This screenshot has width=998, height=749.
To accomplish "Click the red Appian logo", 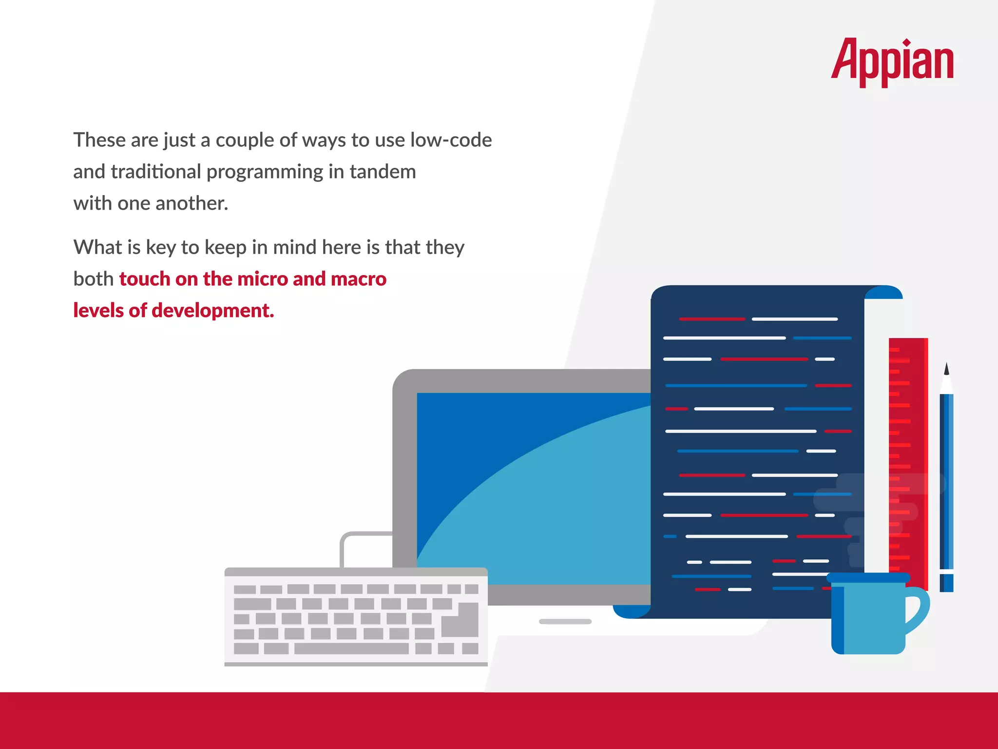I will (892, 61).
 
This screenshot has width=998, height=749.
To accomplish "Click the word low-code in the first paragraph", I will (451, 140).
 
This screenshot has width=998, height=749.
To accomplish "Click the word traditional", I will (156, 172).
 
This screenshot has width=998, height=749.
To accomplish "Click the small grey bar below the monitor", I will (565, 622).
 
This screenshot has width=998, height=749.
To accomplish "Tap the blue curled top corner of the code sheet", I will (884, 293).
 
